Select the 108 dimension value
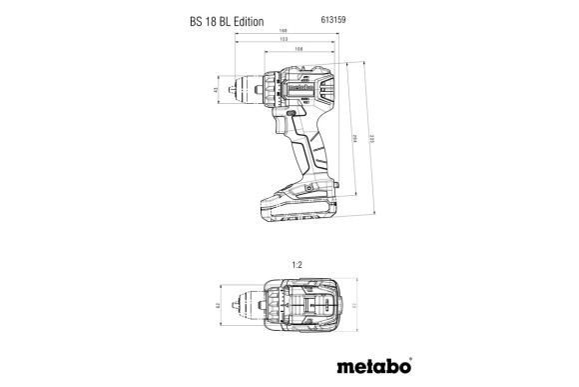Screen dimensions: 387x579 299,49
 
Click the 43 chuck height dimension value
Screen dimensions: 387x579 219,91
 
